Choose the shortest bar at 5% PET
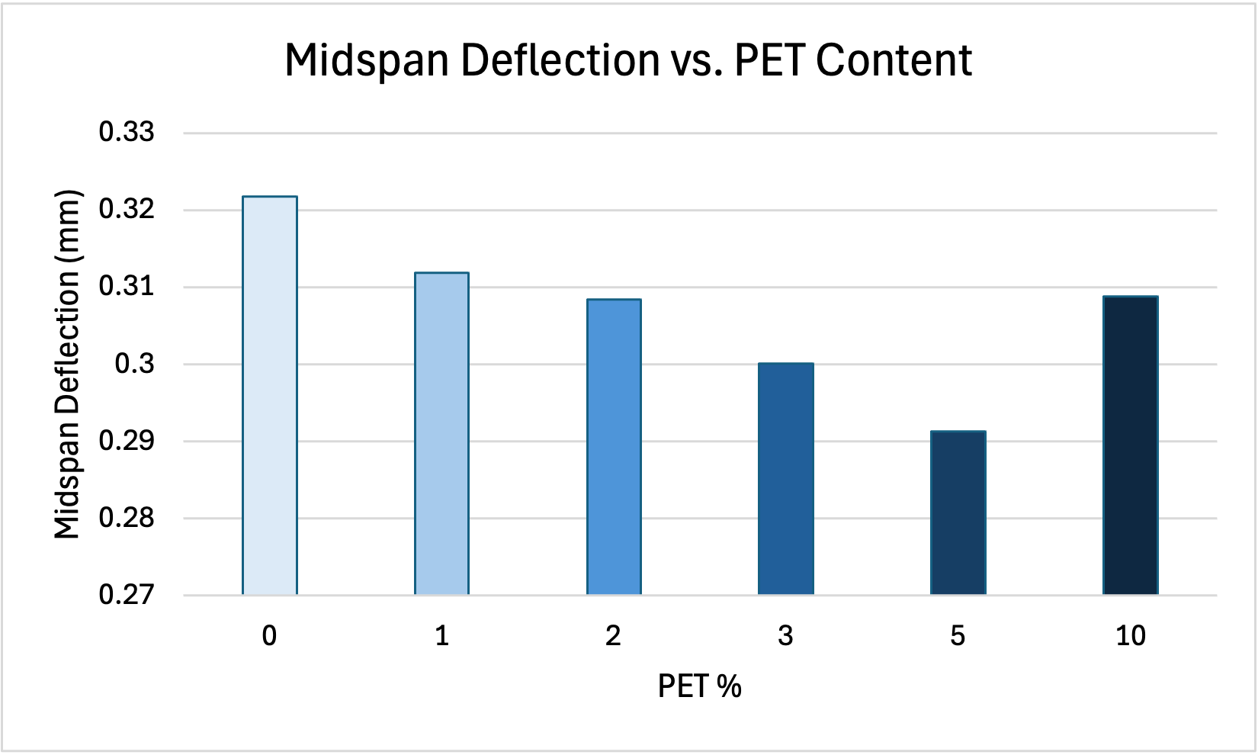tap(958, 512)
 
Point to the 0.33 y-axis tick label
tap(127, 133)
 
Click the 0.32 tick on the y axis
tap(127, 209)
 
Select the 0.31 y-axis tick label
tap(127, 287)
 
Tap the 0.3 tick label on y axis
tap(134, 364)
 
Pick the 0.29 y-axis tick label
tap(127, 441)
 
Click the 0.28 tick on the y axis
tap(127, 518)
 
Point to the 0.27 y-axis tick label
tap(127, 595)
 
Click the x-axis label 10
tap(1131, 635)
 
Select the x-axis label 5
tap(958, 635)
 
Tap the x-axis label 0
tap(269, 635)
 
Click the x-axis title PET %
tap(699, 686)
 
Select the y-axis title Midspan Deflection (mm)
tap(67, 365)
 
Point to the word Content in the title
tap(894, 61)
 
